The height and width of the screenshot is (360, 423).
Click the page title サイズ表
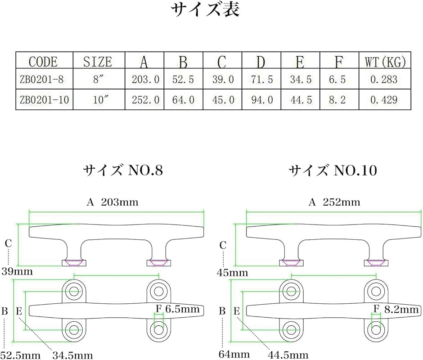point(205,9)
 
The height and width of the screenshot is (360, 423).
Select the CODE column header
point(43,62)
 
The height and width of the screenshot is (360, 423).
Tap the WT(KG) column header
point(385,62)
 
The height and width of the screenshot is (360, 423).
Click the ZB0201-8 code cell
point(41,80)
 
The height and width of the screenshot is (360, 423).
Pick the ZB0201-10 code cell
point(44,100)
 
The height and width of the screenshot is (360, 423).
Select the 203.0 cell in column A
point(145,80)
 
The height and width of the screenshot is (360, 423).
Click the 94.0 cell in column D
point(262,100)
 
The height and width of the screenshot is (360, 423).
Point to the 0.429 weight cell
point(384,100)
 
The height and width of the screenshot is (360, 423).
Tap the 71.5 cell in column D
point(262,80)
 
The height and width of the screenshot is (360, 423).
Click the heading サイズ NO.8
point(123,170)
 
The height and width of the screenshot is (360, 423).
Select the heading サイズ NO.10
point(333,170)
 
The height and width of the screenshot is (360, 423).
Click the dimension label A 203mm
point(112,202)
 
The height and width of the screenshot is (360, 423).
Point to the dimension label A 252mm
point(334,202)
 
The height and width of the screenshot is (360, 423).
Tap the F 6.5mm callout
point(178,309)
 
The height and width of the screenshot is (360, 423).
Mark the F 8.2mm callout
point(396,309)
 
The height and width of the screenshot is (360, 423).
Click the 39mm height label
point(17,271)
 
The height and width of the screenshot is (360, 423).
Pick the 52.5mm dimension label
point(21,355)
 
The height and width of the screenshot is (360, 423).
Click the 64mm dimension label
point(234,354)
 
